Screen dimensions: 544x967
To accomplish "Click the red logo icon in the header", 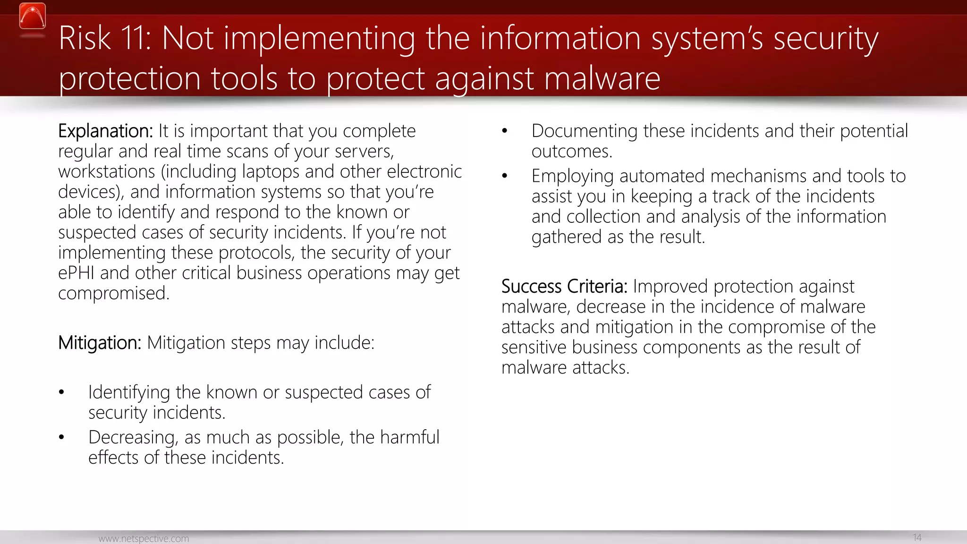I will [33, 17].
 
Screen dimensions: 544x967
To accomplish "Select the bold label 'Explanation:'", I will [105, 131].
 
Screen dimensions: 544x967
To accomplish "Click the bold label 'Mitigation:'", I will [100, 343].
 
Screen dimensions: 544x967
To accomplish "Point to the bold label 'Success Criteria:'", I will [564, 287].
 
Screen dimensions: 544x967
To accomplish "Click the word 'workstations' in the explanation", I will [107, 172].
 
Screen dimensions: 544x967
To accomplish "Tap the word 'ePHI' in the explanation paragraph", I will [76, 273].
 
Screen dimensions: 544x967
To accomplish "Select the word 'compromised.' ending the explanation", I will [114, 294].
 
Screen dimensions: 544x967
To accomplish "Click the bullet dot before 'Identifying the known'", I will [61, 392].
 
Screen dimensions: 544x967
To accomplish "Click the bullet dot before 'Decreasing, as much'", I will [61, 438].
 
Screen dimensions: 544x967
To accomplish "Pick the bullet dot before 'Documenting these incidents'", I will [505, 131].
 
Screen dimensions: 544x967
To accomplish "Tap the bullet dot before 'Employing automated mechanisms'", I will [505, 176].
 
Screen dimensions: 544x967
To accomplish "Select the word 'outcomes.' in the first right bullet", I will [572, 152].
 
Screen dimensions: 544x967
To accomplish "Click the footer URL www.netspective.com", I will [144, 538].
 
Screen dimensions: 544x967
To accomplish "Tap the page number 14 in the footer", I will [917, 537].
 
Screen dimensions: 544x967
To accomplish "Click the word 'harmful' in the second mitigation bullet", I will [409, 438].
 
